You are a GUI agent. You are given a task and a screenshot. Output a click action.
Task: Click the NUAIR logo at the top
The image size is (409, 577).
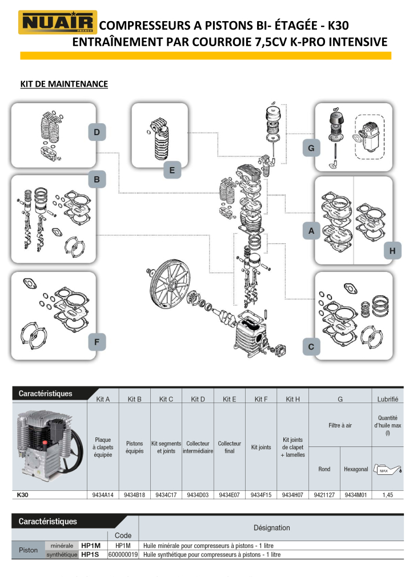click(58, 23)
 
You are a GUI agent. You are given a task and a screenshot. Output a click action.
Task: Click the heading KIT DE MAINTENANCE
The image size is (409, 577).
click(64, 84)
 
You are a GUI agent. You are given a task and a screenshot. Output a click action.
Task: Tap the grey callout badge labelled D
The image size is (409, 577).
click(97, 133)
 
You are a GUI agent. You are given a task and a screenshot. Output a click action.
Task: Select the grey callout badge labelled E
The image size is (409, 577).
click(171, 169)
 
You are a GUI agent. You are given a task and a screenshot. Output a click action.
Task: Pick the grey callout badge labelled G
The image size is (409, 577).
click(311, 148)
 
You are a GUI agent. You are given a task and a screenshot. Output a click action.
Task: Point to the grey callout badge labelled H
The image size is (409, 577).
click(393, 250)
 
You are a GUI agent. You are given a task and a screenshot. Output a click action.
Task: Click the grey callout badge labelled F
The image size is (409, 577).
click(97, 342)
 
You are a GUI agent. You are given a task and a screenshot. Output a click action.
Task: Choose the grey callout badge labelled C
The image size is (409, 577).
click(311, 347)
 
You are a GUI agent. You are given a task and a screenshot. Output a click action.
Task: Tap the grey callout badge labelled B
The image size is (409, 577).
click(97, 180)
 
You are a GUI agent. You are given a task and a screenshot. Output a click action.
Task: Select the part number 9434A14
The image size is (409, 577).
click(102, 495)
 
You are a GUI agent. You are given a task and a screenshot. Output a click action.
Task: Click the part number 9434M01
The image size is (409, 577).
click(356, 495)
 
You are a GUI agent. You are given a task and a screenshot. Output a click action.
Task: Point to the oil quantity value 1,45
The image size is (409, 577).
click(387, 495)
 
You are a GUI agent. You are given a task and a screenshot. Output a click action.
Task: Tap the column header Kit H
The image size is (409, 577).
click(292, 399)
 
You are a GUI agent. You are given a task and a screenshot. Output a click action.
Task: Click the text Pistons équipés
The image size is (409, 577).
click(134, 447)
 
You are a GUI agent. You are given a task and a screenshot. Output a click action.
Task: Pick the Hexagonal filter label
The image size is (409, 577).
click(356, 469)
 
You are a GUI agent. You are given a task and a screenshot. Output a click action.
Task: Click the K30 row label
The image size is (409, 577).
click(23, 495)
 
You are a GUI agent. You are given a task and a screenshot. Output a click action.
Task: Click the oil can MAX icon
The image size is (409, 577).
click(387, 470)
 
